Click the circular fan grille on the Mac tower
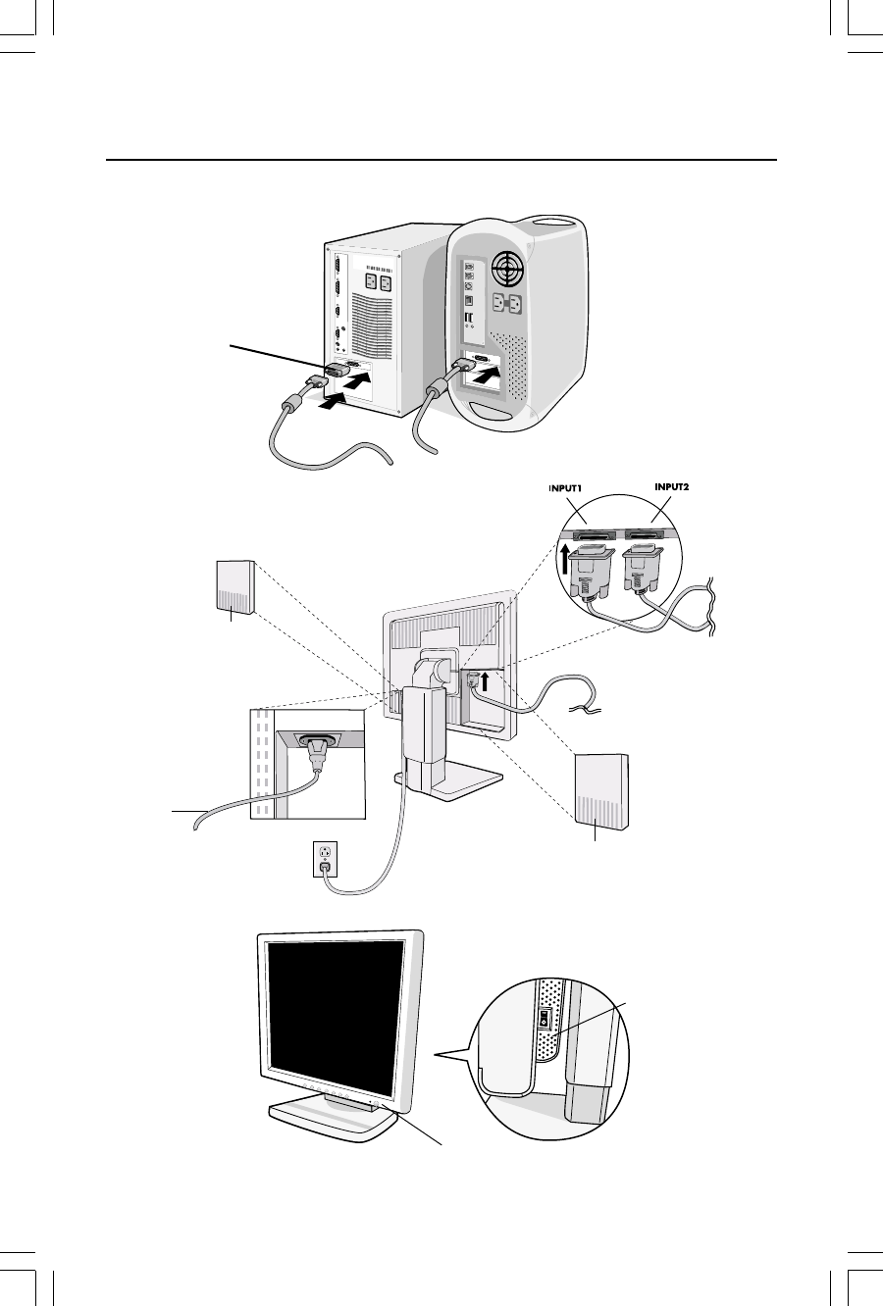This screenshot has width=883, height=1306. tap(511, 268)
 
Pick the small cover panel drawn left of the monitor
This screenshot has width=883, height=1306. tap(234, 587)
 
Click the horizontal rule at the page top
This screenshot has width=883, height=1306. tap(441, 160)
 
